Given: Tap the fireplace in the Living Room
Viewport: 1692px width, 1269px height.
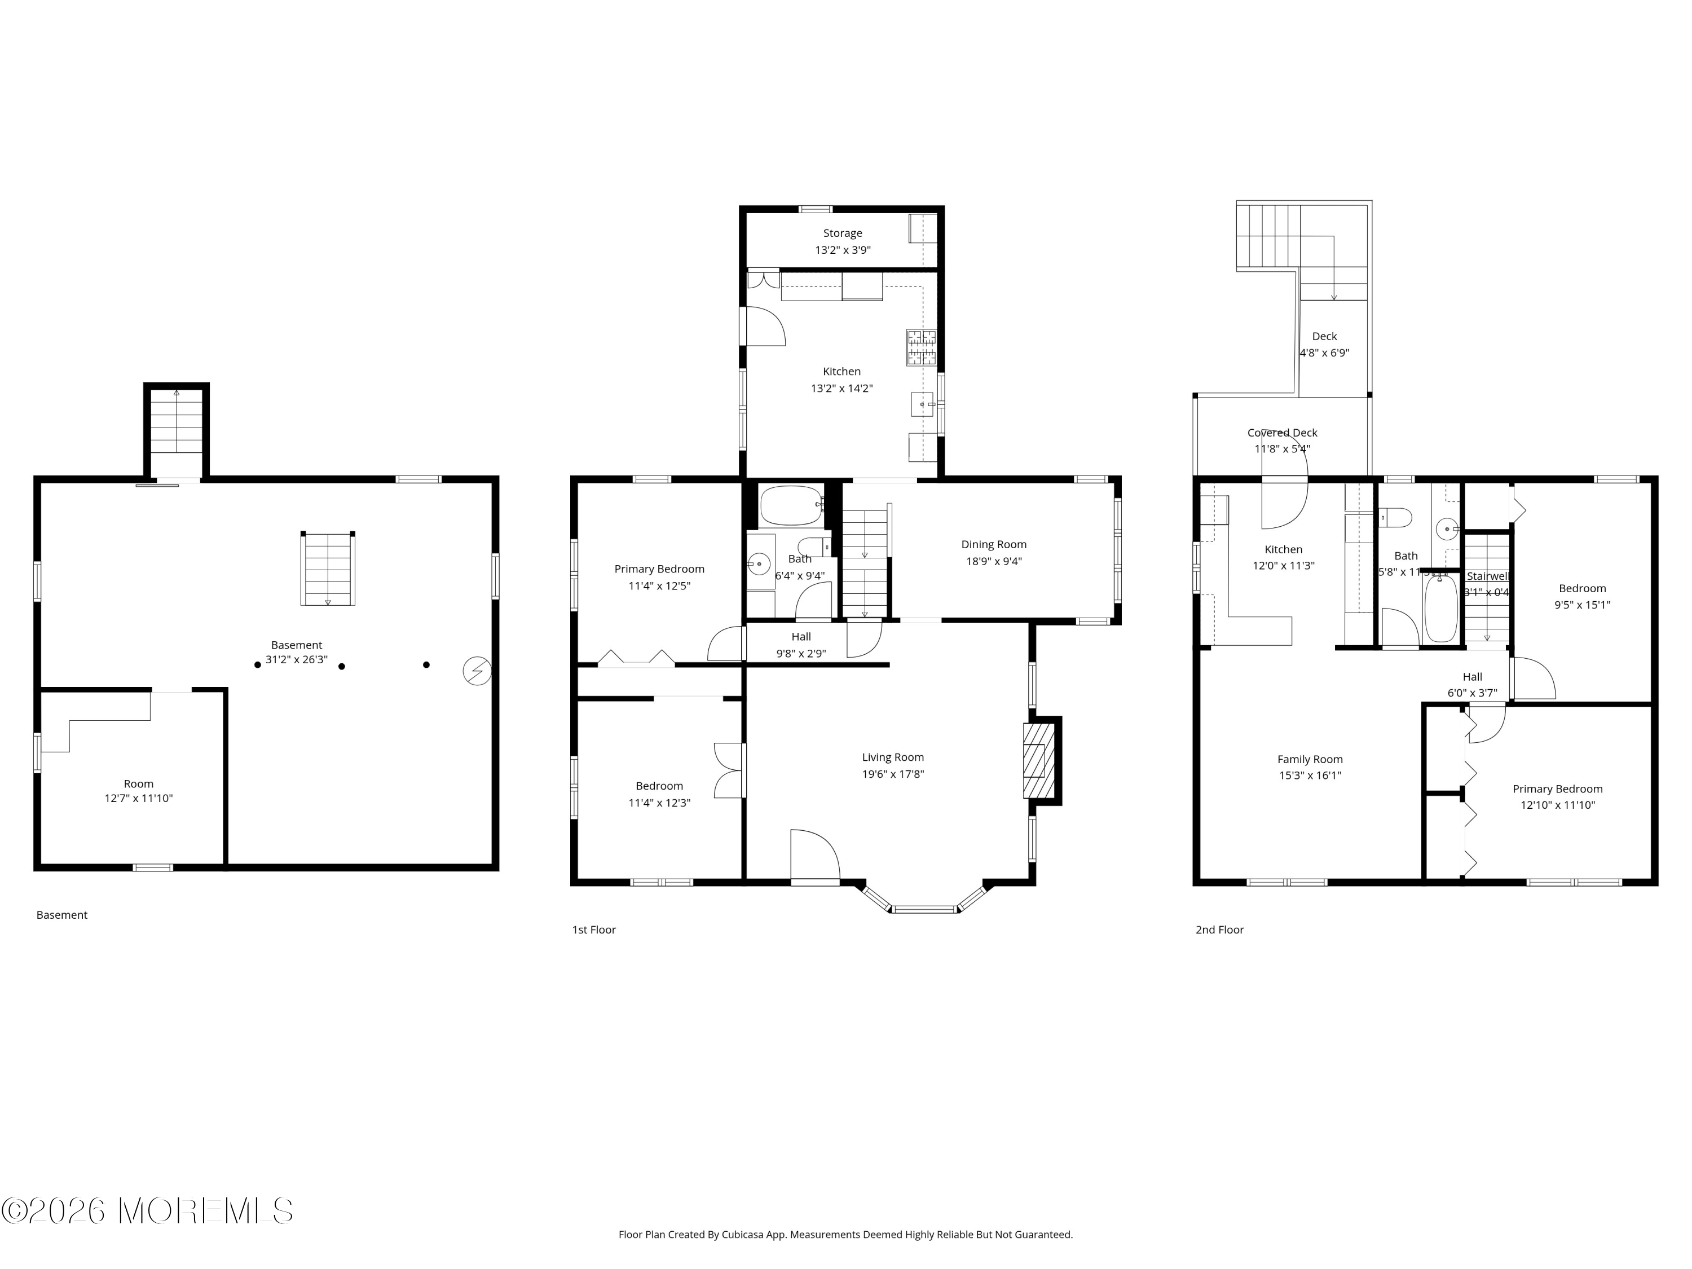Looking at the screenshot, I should click(1039, 760).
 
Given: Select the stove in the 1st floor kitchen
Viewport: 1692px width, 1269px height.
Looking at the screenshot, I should click(921, 347).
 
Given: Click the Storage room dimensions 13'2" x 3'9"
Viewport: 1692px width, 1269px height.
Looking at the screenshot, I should click(842, 250).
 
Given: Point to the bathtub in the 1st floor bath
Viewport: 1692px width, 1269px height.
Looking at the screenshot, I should click(791, 505).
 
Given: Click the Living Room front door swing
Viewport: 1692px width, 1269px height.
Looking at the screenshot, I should click(814, 854).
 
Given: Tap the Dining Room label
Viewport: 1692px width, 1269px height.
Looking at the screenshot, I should click(994, 545).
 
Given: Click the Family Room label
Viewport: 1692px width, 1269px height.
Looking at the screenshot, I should click(1310, 760).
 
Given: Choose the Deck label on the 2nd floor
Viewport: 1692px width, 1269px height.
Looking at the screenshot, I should click(1324, 337).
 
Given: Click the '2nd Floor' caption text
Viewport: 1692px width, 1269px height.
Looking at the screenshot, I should click(1219, 930).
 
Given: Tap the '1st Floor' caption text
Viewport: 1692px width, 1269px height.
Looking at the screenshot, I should click(593, 930).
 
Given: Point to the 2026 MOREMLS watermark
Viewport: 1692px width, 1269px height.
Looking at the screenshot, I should click(147, 1210).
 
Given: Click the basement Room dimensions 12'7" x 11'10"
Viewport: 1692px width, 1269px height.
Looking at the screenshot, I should click(138, 799).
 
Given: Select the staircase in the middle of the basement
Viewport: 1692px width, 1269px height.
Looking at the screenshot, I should click(327, 569).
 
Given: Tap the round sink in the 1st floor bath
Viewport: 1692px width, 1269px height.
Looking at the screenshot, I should click(758, 565).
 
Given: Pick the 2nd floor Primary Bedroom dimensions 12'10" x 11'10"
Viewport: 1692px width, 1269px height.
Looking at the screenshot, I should click(1557, 805).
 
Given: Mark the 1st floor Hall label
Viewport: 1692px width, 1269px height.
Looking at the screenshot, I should click(801, 636).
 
